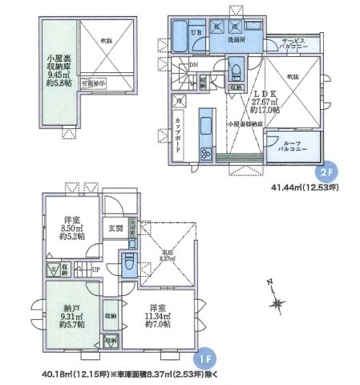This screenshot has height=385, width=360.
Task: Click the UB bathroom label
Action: click(x=196, y=32)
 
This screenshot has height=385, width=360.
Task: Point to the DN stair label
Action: click(x=183, y=66)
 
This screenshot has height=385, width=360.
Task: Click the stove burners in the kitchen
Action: click(x=204, y=153)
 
